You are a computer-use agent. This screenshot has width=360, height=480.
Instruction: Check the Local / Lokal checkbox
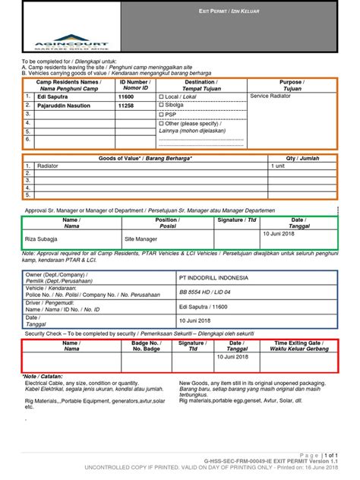pyautogui.click(x=160, y=97)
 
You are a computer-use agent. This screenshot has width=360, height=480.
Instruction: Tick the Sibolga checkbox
pyautogui.click(x=160, y=106)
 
